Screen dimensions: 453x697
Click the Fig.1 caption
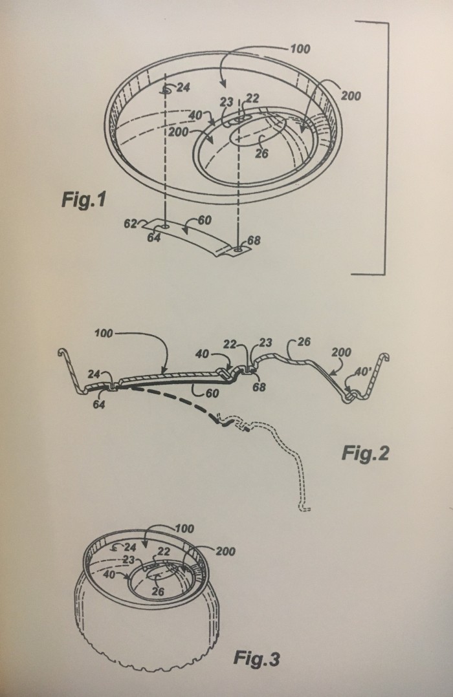(84, 199)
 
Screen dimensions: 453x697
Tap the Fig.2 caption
(365, 453)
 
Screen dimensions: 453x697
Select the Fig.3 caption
(257, 658)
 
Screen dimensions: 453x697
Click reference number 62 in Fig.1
(130, 224)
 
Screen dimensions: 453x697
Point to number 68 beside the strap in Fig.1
(254, 241)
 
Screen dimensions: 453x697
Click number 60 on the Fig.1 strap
(204, 220)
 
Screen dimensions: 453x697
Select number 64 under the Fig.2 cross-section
(98, 404)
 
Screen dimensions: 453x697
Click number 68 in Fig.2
(259, 387)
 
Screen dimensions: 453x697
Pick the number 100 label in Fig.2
(104, 333)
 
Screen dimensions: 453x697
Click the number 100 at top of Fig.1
(300, 48)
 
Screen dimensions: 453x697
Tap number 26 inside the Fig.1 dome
(262, 153)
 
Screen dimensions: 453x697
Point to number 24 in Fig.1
(183, 87)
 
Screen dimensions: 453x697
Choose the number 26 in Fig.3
(158, 591)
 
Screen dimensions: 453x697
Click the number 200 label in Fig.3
(226, 551)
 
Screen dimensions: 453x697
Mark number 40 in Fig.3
(109, 574)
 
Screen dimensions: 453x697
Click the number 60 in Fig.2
(212, 393)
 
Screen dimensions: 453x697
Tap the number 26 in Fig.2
(304, 342)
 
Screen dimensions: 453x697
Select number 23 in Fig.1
(226, 102)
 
